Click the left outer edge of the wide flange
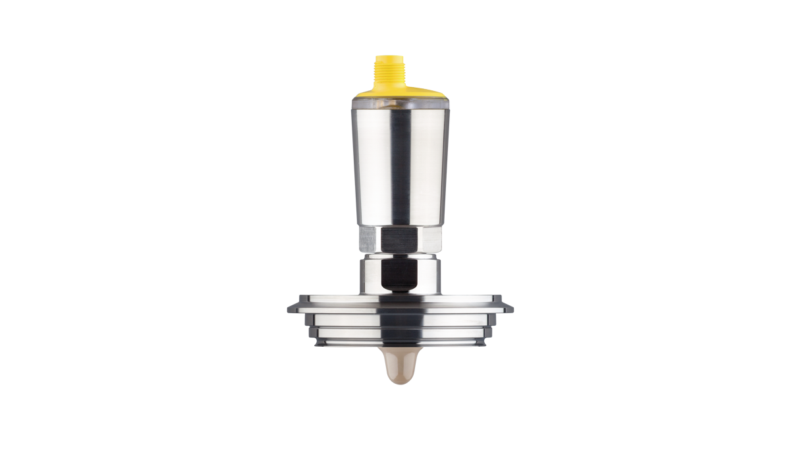click(x=289, y=307)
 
